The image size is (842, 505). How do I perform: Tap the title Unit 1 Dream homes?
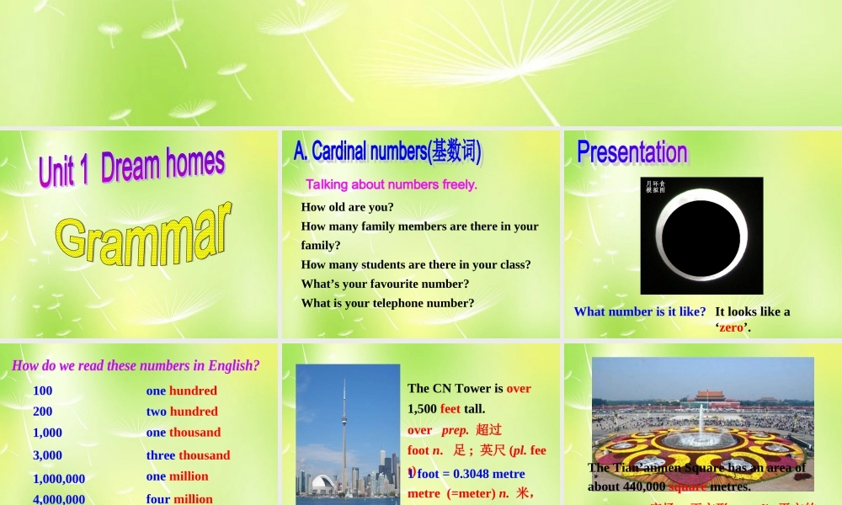pyautogui.click(x=131, y=166)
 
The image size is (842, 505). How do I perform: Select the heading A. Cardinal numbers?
pyautogui.click(x=387, y=151)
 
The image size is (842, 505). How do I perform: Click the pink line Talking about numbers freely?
pyautogui.click(x=392, y=184)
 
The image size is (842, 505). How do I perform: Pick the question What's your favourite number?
pyautogui.click(x=385, y=284)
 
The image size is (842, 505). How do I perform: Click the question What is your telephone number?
pyautogui.click(x=387, y=303)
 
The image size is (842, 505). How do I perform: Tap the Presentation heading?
pyautogui.click(x=631, y=152)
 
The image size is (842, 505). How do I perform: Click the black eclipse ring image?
pyautogui.click(x=701, y=235)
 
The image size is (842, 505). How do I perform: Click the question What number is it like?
pyautogui.click(x=640, y=311)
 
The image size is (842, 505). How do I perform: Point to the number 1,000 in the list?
pyautogui.click(x=47, y=433)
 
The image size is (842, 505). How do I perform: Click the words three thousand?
pyautogui.click(x=188, y=455)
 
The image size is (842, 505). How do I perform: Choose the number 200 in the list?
pyautogui.click(x=42, y=412)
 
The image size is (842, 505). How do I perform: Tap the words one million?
pyautogui.click(x=177, y=476)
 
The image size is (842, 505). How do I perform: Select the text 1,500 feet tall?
pyautogui.click(x=446, y=409)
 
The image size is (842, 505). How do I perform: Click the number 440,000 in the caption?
pyautogui.click(x=644, y=486)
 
